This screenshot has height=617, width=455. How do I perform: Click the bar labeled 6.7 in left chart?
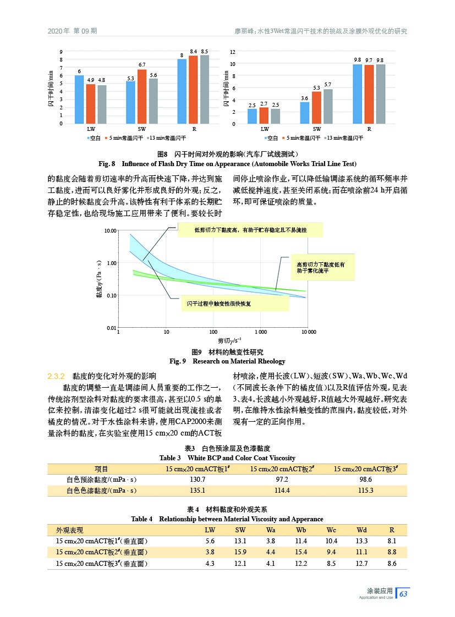pos(142,96)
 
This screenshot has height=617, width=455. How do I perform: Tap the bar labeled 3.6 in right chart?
pos(304,113)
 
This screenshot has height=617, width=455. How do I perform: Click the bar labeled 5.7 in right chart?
pos(327,106)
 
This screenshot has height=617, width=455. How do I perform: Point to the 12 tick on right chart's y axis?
pos(233,52)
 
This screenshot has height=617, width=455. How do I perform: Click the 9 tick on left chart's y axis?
pos(61,52)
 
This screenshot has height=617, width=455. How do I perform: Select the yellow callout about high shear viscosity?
pos(323,268)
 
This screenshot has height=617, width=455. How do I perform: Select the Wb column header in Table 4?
pos(300,530)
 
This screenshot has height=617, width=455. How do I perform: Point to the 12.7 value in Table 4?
pos(361,563)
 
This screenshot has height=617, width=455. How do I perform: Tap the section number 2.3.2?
pos(57,377)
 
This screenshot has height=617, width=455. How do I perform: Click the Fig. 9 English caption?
pos(227,361)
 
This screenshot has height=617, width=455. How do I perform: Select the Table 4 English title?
pos(227,519)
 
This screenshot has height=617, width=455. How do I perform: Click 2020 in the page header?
pos(57,31)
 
